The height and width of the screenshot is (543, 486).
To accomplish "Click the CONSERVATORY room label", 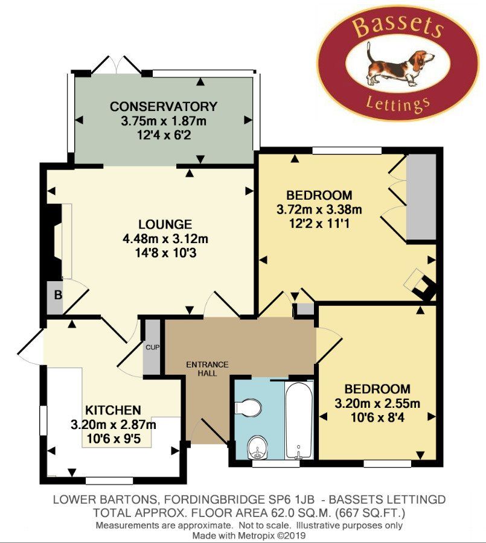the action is tap(164, 106).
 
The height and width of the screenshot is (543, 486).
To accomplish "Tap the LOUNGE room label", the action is tap(165, 224).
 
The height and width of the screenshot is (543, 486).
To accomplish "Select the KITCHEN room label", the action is tap(113, 410).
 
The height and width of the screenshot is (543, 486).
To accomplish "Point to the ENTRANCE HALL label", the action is tap(207, 369).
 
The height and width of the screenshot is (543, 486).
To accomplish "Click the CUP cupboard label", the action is tap(152, 347).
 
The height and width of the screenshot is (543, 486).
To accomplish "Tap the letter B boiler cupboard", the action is tap(58, 295).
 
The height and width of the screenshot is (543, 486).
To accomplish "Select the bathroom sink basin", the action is tap(257, 447).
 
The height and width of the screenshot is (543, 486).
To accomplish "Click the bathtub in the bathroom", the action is tap(299, 420).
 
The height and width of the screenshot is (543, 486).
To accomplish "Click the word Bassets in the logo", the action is tap(398, 27).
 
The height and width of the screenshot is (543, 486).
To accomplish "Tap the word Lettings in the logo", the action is tap(398, 104).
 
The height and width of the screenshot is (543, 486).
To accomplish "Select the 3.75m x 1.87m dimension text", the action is tap(163, 121).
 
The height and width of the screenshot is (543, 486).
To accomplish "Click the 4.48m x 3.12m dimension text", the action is tap(165, 239).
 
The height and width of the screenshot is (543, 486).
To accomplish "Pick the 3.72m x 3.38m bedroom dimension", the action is tap(319, 209).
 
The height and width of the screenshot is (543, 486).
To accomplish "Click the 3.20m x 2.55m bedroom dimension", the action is tap(377, 404).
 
